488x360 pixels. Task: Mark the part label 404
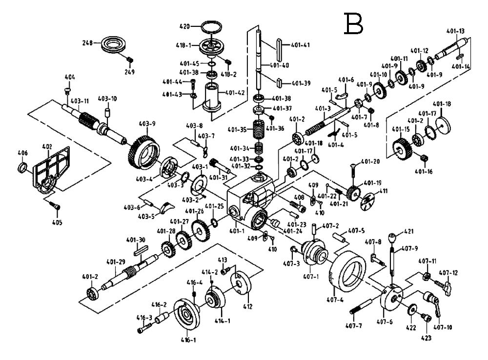tap(70, 77)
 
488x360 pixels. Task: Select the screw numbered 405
tap(58, 207)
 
